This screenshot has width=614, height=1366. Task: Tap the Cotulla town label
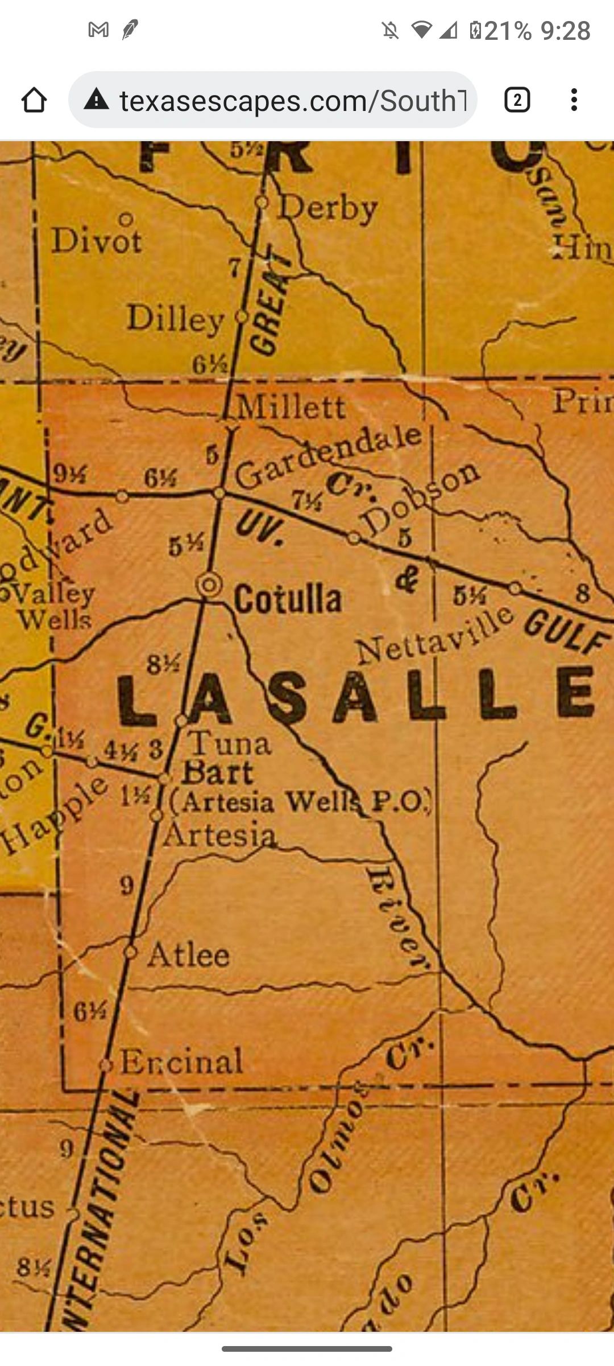(288, 599)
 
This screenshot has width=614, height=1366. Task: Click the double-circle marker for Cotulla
(209, 585)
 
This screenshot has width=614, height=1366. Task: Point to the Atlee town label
(189, 956)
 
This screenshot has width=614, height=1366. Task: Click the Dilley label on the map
(175, 319)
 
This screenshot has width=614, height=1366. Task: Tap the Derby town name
(328, 209)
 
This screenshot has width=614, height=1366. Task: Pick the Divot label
(97, 240)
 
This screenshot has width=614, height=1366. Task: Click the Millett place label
(291, 406)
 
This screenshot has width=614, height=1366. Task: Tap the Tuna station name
(230, 743)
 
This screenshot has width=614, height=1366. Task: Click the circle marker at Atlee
(131, 952)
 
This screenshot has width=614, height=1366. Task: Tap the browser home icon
(34, 100)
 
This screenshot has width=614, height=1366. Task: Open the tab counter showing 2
(517, 100)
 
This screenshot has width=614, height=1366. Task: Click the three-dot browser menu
(574, 100)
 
